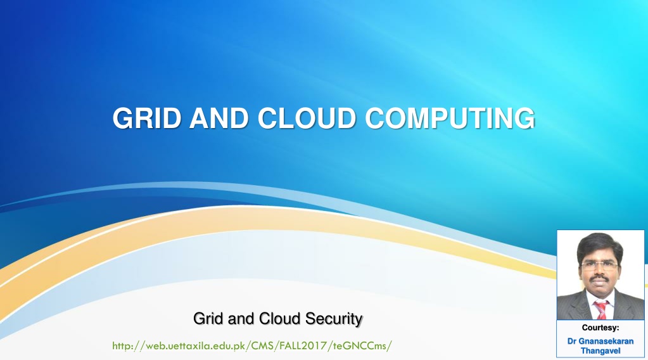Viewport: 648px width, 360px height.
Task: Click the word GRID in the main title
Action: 147,118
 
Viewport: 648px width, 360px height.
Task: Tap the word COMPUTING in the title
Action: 450,118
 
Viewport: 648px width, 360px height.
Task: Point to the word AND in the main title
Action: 219,118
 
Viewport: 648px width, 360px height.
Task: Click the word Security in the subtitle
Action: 334,319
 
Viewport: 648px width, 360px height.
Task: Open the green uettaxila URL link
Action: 251,345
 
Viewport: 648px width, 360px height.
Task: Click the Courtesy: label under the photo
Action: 600,328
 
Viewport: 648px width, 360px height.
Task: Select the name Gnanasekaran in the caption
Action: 606,342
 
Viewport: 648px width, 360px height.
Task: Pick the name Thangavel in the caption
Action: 600,351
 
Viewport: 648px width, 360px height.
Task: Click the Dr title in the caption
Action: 571,342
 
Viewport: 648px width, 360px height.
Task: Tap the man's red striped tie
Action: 601,309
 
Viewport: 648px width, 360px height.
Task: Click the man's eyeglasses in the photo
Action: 599,266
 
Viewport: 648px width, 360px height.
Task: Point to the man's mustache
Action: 600,279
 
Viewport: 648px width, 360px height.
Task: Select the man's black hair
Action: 600,245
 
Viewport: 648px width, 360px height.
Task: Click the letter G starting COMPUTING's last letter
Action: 525,118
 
